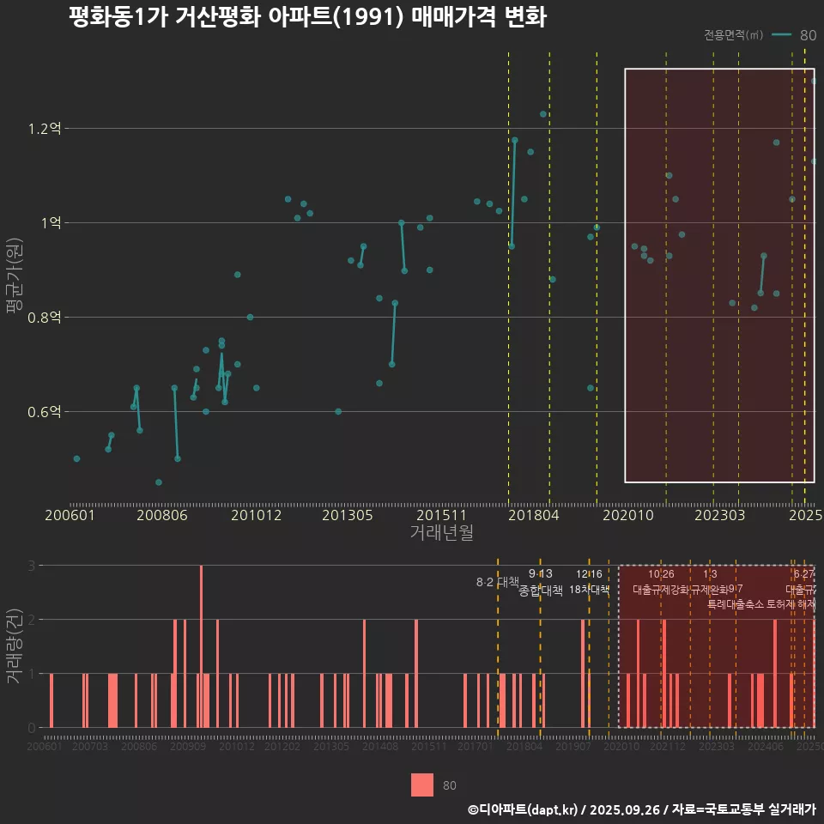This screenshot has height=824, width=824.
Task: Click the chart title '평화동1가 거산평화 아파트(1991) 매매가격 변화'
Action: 306,17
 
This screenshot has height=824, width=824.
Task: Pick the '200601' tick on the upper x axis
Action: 70,516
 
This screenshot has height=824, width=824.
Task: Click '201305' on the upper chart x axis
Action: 347,516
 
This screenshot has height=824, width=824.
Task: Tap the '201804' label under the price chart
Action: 533,516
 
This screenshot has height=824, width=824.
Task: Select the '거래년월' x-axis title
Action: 441,533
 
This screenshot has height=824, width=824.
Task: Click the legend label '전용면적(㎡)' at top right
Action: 733,35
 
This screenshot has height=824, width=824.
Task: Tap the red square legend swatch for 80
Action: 422,785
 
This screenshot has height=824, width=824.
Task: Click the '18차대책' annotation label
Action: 589,590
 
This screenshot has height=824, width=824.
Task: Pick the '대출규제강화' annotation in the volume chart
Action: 660,590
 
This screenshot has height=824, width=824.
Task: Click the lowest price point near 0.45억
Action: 159,482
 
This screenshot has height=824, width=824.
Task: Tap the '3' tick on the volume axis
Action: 33,566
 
